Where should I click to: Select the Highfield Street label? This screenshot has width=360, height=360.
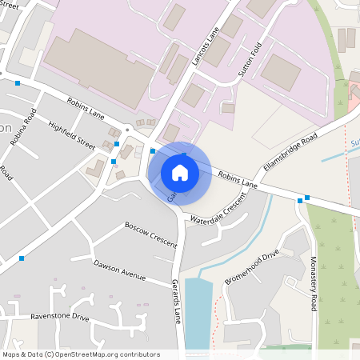point(71,135)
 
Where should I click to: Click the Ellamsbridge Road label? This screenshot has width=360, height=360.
point(290,153)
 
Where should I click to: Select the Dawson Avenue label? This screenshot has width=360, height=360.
point(119,270)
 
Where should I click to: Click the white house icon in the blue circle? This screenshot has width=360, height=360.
point(180,172)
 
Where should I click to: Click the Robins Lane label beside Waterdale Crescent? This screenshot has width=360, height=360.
point(238,178)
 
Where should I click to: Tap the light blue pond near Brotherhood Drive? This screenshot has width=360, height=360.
point(198,312)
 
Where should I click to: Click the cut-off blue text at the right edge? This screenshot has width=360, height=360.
point(354,144)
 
